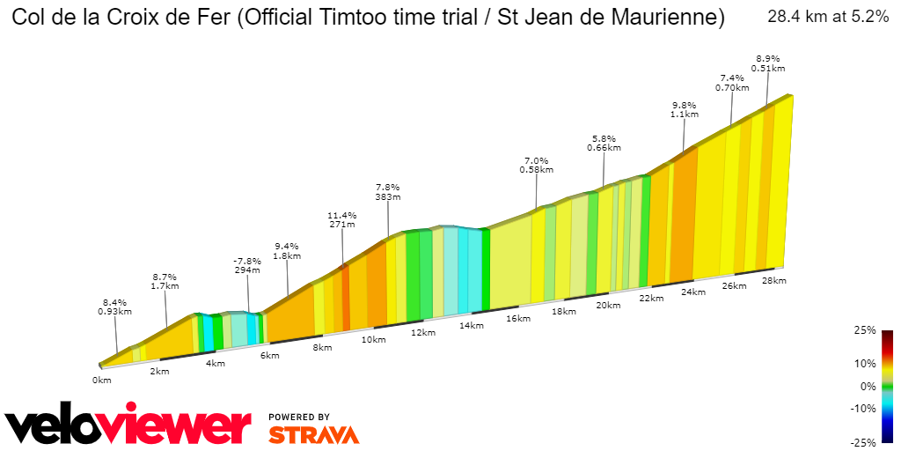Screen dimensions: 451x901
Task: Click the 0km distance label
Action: (102, 380)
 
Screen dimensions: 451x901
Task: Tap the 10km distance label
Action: (373, 340)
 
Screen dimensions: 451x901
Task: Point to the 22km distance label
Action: (651, 299)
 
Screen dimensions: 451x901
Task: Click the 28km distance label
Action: (774, 280)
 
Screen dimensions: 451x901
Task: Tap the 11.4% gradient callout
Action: (341, 215)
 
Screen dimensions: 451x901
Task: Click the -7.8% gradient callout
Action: (247, 261)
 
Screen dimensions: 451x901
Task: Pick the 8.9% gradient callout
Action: (767, 58)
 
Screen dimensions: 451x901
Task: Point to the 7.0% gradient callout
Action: (536, 160)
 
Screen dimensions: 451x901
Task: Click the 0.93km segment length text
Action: (115, 311)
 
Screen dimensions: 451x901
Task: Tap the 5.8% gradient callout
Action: (604, 138)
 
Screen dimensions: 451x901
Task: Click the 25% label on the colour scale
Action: (865, 330)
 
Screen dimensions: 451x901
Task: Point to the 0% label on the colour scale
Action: (868, 386)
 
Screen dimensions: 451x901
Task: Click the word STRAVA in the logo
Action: (313, 434)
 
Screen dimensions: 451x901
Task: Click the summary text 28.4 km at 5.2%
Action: (828, 17)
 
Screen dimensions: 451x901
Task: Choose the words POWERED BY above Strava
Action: (299, 417)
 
